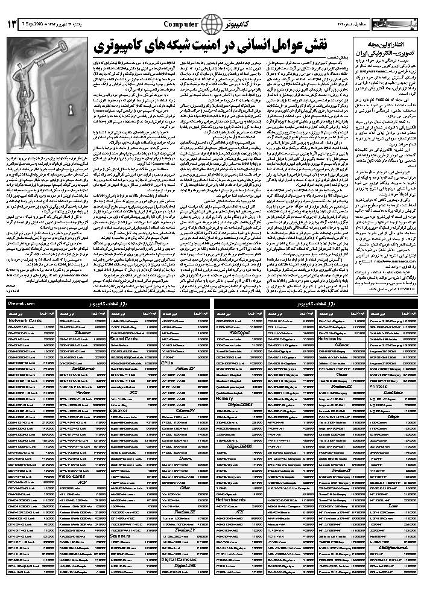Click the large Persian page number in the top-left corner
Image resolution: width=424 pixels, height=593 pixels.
tap(11, 24)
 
